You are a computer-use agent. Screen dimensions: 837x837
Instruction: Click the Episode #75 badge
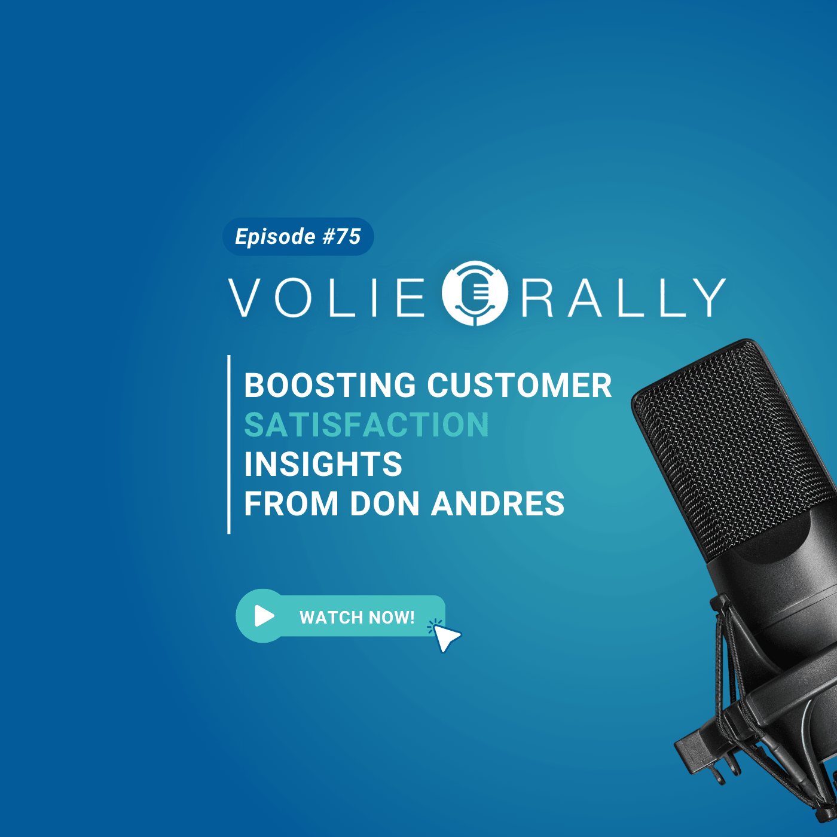[298, 236]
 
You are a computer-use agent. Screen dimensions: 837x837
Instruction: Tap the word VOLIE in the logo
[326, 298]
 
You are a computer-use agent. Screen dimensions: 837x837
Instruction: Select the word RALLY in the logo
[624, 298]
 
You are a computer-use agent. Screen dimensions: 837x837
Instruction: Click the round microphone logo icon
[475, 293]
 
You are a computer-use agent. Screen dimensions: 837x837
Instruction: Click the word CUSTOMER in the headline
[520, 385]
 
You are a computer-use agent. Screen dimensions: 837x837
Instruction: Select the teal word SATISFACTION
[366, 425]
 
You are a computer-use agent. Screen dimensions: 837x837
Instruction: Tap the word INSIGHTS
[323, 465]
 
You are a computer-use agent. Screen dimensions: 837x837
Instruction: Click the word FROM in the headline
[291, 504]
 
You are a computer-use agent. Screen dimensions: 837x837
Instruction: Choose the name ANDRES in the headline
[497, 504]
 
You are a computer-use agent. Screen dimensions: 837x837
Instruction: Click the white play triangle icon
[264, 615]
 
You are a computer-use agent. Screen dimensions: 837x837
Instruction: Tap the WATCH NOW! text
[357, 617]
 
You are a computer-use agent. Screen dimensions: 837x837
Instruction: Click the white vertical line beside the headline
[229, 444]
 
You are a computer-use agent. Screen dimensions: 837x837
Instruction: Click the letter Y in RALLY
[709, 298]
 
